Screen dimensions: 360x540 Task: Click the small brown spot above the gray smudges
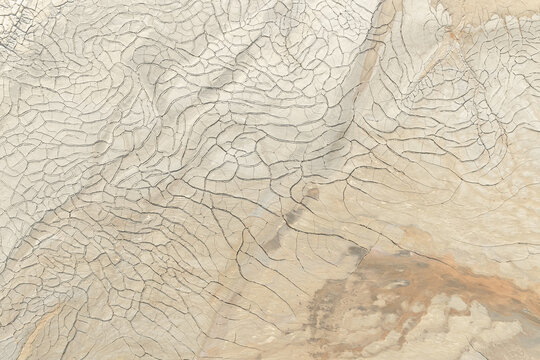[312, 194]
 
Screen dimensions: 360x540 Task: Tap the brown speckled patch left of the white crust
[330, 310]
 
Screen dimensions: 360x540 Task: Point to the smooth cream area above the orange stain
[430, 200]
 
